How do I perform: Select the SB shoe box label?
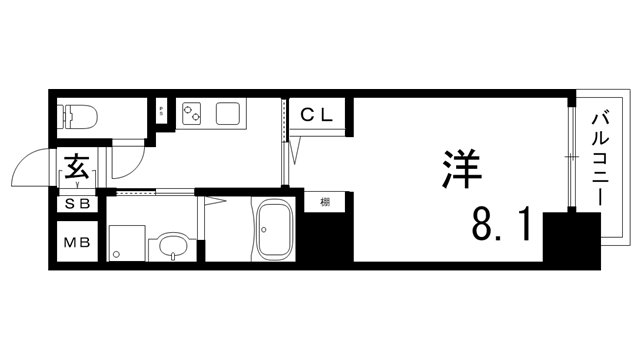77,203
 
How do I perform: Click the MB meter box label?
77,243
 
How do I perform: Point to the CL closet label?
318,114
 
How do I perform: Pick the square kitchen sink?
228,112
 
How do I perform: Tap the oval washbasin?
172,245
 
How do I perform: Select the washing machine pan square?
126,239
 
